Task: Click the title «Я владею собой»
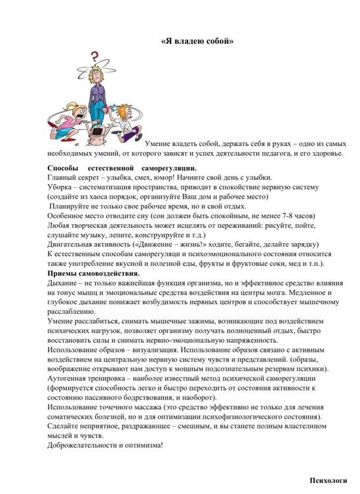197,41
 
